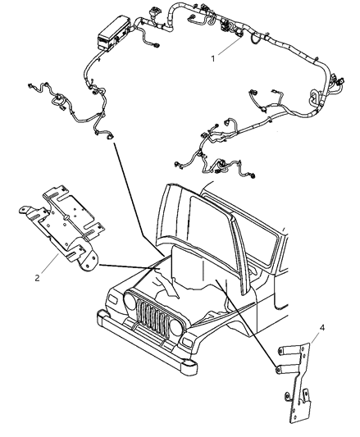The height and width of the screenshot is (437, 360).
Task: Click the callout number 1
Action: (x=213, y=59)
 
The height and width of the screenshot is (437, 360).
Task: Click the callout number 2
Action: (x=38, y=278)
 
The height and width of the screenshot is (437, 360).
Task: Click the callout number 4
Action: (x=321, y=327)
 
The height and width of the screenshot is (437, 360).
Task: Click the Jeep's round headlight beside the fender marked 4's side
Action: (x=176, y=327)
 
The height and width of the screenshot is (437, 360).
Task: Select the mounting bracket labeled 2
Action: (x=60, y=226)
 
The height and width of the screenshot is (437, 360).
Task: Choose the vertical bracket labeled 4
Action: (x=296, y=386)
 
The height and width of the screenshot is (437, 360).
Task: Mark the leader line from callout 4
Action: (x=314, y=338)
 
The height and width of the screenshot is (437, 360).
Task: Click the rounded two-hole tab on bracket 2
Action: (x=89, y=262)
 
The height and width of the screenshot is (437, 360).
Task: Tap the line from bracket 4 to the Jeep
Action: (x=246, y=323)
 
